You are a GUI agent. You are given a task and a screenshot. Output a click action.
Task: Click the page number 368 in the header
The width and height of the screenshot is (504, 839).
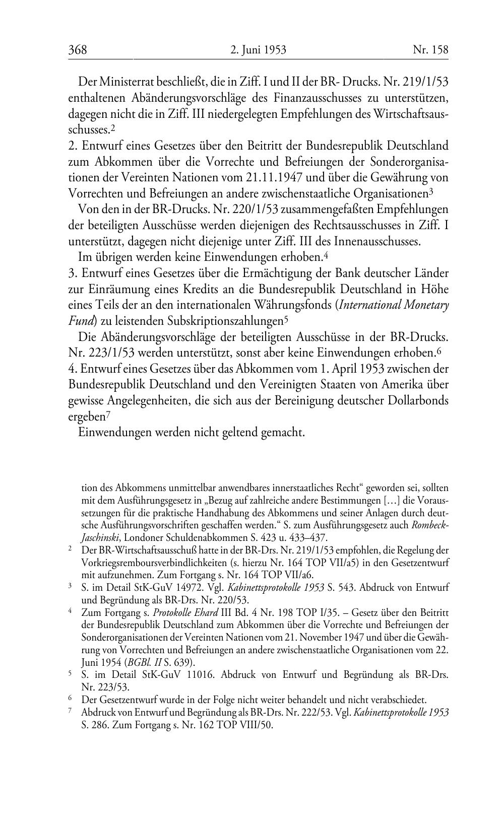78,49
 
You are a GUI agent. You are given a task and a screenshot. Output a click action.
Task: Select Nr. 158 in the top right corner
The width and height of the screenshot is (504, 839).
430,49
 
